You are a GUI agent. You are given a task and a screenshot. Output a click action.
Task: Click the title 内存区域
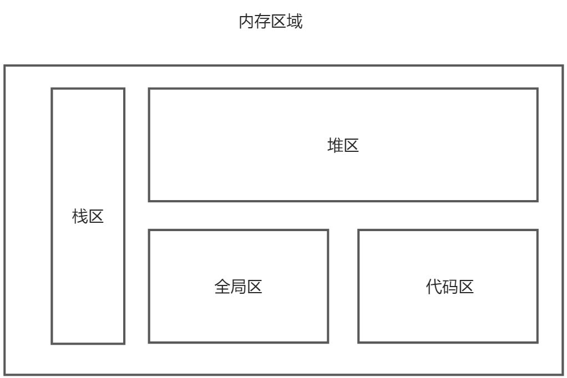pyautogui.click(x=271, y=22)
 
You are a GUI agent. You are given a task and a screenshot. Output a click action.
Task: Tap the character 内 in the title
pyautogui.click(x=247, y=22)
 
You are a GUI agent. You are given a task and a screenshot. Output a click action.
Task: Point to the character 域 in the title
pyautogui.click(x=295, y=22)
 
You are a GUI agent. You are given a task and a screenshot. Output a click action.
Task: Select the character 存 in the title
pyautogui.click(x=263, y=22)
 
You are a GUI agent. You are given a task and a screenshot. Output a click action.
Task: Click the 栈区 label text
pyautogui.click(x=88, y=216)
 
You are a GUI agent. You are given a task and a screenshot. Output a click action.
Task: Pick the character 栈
pyautogui.click(x=80, y=216)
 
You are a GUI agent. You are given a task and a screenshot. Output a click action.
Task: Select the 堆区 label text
pyautogui.click(x=343, y=146)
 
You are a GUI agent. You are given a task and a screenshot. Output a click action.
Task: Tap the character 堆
pyautogui.click(x=336, y=146)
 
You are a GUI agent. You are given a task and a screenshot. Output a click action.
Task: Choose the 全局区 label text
pyautogui.click(x=238, y=287)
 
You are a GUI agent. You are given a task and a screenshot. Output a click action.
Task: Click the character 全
pyautogui.click(x=222, y=287)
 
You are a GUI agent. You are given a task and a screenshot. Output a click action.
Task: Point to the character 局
pyautogui.click(x=238, y=287)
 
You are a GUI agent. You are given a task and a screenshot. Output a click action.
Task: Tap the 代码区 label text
pyautogui.click(x=450, y=287)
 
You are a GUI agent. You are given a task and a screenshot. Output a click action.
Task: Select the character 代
pyautogui.click(x=434, y=287)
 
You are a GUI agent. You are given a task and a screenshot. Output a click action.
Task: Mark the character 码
pyautogui.click(x=450, y=287)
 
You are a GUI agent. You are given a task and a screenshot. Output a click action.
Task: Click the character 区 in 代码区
pyautogui.click(x=466, y=287)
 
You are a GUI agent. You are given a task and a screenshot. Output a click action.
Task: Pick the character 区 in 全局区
pyautogui.click(x=254, y=287)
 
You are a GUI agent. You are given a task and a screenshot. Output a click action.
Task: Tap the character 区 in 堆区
pyautogui.click(x=351, y=146)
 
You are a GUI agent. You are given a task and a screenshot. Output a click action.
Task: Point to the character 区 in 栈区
pyautogui.click(x=96, y=216)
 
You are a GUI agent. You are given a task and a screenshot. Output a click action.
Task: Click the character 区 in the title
pyautogui.click(x=279, y=22)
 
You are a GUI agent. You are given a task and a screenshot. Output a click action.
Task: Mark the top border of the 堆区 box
pyautogui.click(x=343, y=89)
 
